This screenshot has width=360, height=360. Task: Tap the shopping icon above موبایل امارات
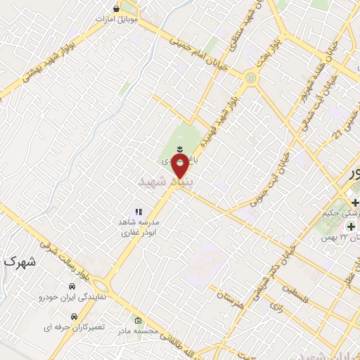coord(117,8)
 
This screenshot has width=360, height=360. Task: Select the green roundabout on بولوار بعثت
coord(250,76)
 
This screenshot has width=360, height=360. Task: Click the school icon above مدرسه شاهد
coord(139,211)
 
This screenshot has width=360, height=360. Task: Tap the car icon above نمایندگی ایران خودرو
coord(72,286)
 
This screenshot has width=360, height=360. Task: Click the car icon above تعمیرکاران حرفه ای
coord(75,317)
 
